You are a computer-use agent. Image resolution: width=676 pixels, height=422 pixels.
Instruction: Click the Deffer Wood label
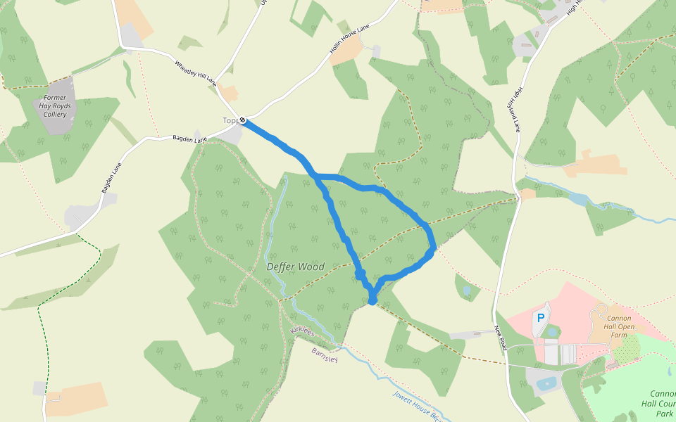(295, 267)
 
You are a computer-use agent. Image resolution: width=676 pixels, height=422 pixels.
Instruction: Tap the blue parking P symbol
(541, 318)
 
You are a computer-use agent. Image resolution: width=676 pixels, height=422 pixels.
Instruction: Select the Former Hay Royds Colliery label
(54, 105)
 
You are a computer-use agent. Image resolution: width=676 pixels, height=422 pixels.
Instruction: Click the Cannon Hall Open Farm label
(620, 326)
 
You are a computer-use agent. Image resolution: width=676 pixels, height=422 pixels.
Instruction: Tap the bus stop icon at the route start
(242, 120)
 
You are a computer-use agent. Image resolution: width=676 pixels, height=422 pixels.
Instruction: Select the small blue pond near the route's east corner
(466, 289)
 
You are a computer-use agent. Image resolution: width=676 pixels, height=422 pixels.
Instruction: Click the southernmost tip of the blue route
(373, 302)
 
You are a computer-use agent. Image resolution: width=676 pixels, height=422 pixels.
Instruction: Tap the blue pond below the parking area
(545, 384)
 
